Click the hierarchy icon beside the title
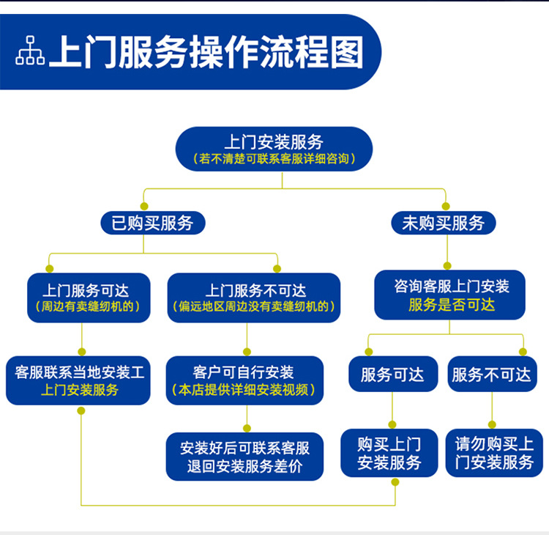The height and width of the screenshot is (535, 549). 30,50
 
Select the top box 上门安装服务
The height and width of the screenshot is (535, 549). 274,149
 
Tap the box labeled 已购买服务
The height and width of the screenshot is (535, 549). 152,223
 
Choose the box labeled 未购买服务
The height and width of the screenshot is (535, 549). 443,223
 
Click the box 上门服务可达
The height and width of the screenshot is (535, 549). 89,298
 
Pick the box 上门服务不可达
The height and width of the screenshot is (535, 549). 254,298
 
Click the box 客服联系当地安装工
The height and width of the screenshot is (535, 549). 80,380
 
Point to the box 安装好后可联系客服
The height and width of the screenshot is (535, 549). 244,456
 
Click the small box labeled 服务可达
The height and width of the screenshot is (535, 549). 392,374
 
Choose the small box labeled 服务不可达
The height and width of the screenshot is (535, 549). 491,374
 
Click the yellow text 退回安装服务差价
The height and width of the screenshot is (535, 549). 244,466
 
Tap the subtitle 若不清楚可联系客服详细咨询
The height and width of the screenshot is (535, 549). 273,158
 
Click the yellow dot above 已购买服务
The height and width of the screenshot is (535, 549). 144,206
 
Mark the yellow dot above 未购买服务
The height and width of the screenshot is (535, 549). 445,206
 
